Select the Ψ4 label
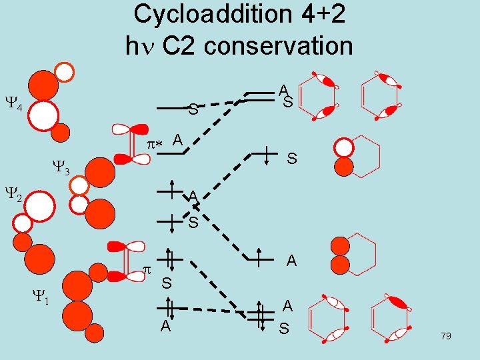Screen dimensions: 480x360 (14, 106)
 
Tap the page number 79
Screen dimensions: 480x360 (446, 336)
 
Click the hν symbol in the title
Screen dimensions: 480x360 (138, 45)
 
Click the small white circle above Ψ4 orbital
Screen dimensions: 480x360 (64, 70)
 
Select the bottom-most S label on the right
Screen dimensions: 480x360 (285, 329)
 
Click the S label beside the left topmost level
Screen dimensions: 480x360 (193, 109)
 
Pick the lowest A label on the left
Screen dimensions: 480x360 (165, 325)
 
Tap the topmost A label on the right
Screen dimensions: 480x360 (284, 89)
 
